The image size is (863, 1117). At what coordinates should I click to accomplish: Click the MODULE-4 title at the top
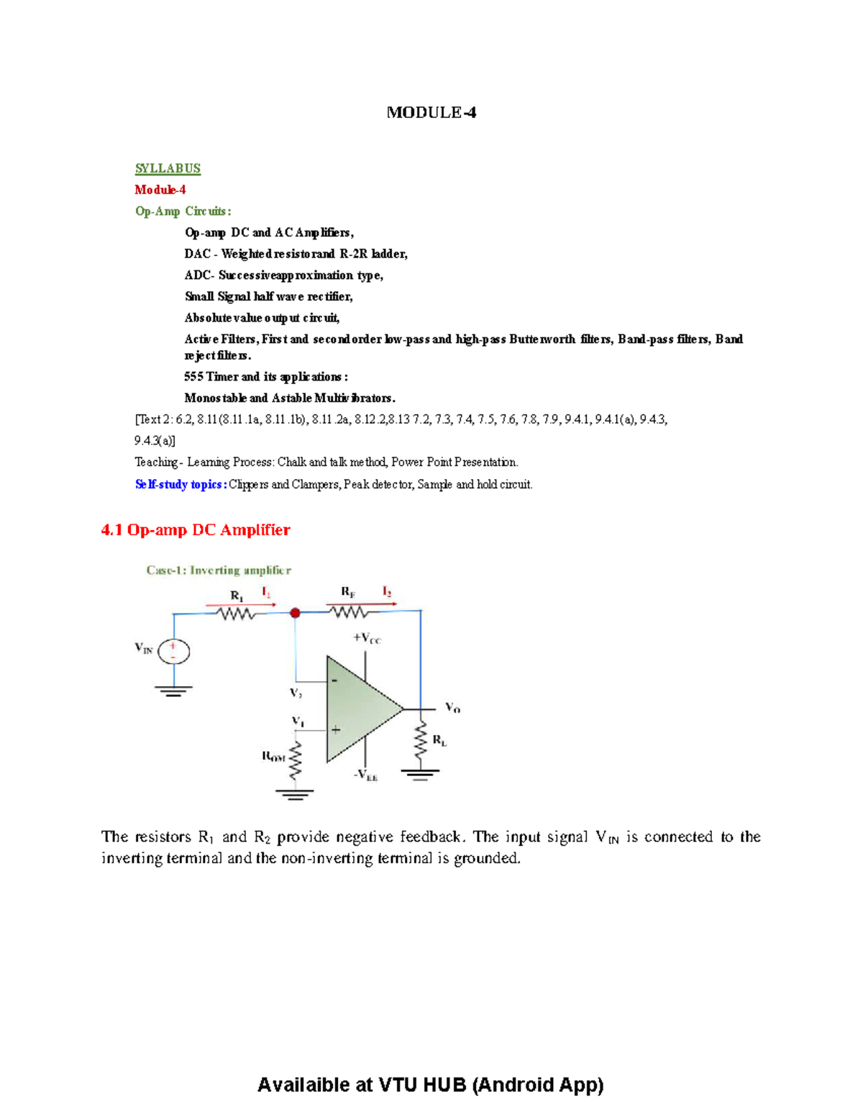(431, 113)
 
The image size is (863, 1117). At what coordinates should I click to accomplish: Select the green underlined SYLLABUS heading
(168, 168)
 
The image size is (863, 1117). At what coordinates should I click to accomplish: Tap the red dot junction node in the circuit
(295, 613)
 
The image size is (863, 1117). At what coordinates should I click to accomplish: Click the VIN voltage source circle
(173, 652)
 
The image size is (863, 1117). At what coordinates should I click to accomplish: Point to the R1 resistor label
(237, 596)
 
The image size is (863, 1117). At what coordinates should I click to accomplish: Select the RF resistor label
(348, 592)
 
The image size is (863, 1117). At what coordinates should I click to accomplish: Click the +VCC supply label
(367, 639)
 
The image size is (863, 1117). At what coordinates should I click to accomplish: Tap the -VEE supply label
(365, 775)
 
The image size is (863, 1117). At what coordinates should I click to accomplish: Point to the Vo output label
(452, 707)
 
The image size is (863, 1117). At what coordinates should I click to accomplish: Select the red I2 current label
(386, 592)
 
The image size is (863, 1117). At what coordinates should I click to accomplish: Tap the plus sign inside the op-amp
(336, 729)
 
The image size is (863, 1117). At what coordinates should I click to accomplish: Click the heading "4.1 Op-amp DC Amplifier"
(196, 530)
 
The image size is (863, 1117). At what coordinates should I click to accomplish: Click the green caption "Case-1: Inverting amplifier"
(219, 570)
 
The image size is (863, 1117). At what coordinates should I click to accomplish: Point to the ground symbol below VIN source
(173, 690)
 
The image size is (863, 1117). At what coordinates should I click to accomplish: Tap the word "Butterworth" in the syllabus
(542, 339)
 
